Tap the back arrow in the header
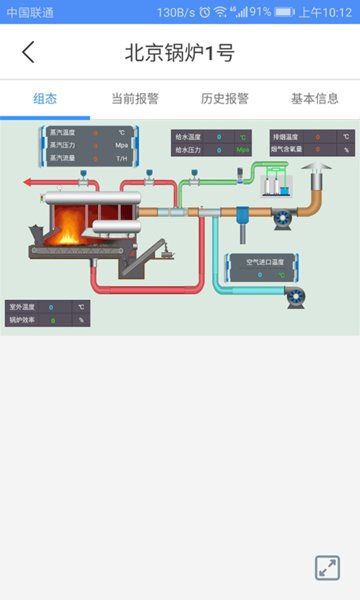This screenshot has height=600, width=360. (x=28, y=53)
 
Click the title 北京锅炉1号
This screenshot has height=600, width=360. (x=180, y=53)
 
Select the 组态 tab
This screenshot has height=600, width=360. (x=45, y=98)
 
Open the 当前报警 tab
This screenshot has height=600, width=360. (x=135, y=98)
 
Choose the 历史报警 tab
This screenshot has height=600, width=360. (x=225, y=98)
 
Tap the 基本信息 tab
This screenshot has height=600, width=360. (x=315, y=98)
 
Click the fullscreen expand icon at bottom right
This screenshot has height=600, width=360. (x=327, y=567)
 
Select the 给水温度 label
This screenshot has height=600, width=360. (x=189, y=136)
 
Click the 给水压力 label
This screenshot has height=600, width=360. (x=189, y=149)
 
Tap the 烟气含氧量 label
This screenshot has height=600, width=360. (x=288, y=149)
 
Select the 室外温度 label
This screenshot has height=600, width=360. (x=22, y=307)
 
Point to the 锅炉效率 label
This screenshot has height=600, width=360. (x=22, y=320)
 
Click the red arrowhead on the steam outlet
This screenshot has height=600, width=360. (x=27, y=183)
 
